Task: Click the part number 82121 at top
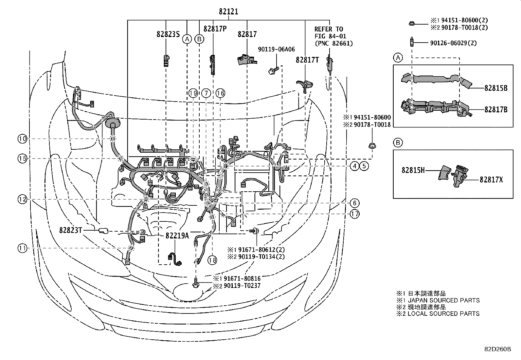point(228,12)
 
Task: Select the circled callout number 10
point(22,139)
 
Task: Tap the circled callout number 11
point(22,248)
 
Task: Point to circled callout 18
point(212,260)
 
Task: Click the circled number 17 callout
point(355,214)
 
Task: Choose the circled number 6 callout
point(355,203)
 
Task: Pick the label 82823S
point(168,34)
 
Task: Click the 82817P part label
point(215,28)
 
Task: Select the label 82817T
point(307,60)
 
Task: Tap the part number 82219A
point(177,236)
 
